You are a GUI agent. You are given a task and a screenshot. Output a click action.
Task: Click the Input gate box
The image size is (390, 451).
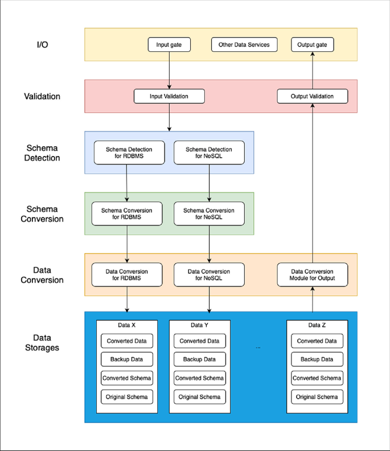coord(169,44)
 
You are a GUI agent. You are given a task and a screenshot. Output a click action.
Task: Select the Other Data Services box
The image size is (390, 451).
coord(244,44)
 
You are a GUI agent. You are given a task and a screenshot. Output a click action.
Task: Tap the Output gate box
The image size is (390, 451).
coord(313,44)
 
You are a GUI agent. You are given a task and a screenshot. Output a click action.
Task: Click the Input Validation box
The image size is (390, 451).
coord(169,96)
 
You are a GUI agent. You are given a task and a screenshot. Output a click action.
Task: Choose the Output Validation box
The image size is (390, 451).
coord(313,96)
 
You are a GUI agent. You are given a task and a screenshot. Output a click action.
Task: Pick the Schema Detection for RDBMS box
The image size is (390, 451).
coord(129,153)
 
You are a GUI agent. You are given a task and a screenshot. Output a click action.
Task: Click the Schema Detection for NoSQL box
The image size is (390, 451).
coord(209,153)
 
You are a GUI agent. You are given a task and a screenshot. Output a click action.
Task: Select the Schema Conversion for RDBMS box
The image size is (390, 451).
coord(127,214)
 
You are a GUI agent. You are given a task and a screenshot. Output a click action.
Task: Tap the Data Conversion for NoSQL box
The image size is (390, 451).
coord(209,274)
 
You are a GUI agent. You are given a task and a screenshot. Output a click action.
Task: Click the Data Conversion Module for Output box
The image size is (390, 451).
coord(313,274)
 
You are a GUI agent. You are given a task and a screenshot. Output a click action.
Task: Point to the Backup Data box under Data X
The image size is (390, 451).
coord(127,359)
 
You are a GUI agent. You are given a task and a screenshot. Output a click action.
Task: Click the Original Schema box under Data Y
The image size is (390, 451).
coord(200,397)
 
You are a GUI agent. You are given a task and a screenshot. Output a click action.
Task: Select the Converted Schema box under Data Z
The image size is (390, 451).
coord(317,378)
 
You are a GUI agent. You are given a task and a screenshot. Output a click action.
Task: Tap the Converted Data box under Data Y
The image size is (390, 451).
coord(200,341)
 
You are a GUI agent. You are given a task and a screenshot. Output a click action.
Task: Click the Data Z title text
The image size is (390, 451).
coord(317,325)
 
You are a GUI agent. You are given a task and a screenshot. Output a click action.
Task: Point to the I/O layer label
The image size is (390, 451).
coord(42,44)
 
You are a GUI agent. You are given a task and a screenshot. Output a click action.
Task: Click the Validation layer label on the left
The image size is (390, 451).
coord(42,96)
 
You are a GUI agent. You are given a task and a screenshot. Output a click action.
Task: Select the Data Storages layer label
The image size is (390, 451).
coord(42,343)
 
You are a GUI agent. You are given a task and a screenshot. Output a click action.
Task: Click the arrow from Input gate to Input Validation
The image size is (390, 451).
coord(169,71)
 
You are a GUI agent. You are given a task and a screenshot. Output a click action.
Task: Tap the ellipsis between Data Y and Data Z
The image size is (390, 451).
coord(258,348)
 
